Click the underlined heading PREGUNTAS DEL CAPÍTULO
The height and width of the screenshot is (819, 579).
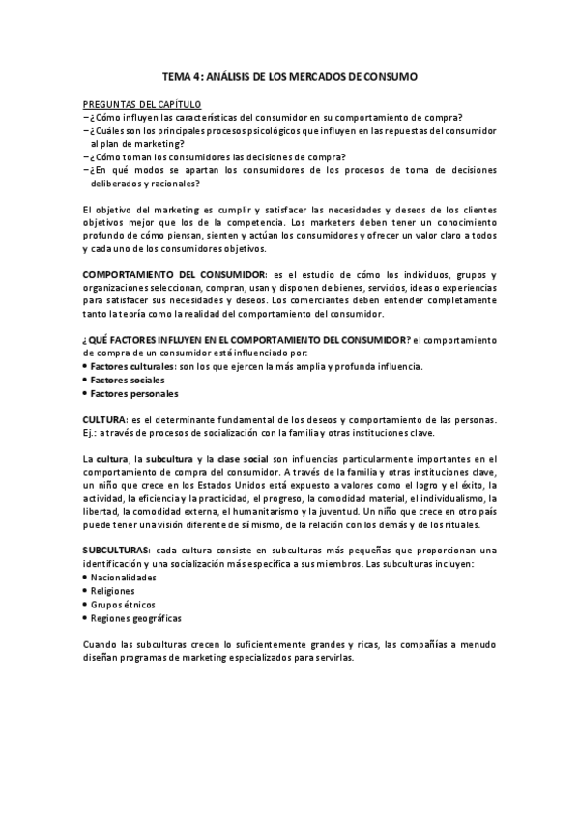coord(141,103)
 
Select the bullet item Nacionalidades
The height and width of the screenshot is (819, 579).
coord(125,578)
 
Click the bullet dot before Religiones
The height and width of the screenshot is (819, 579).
coord(85,591)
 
